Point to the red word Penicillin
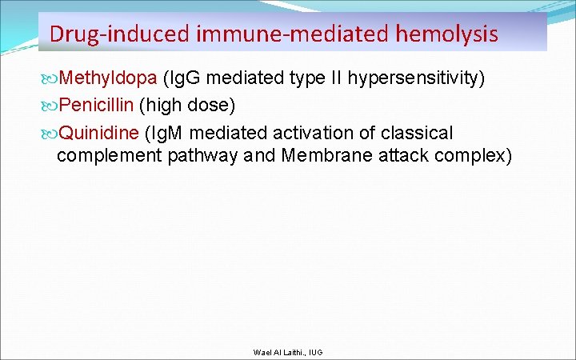(96, 105)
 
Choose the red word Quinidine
(99, 131)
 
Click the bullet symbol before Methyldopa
(51, 78)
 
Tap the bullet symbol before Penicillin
(51, 105)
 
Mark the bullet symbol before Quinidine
(51, 131)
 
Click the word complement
(109, 155)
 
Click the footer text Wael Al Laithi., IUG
(287, 352)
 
